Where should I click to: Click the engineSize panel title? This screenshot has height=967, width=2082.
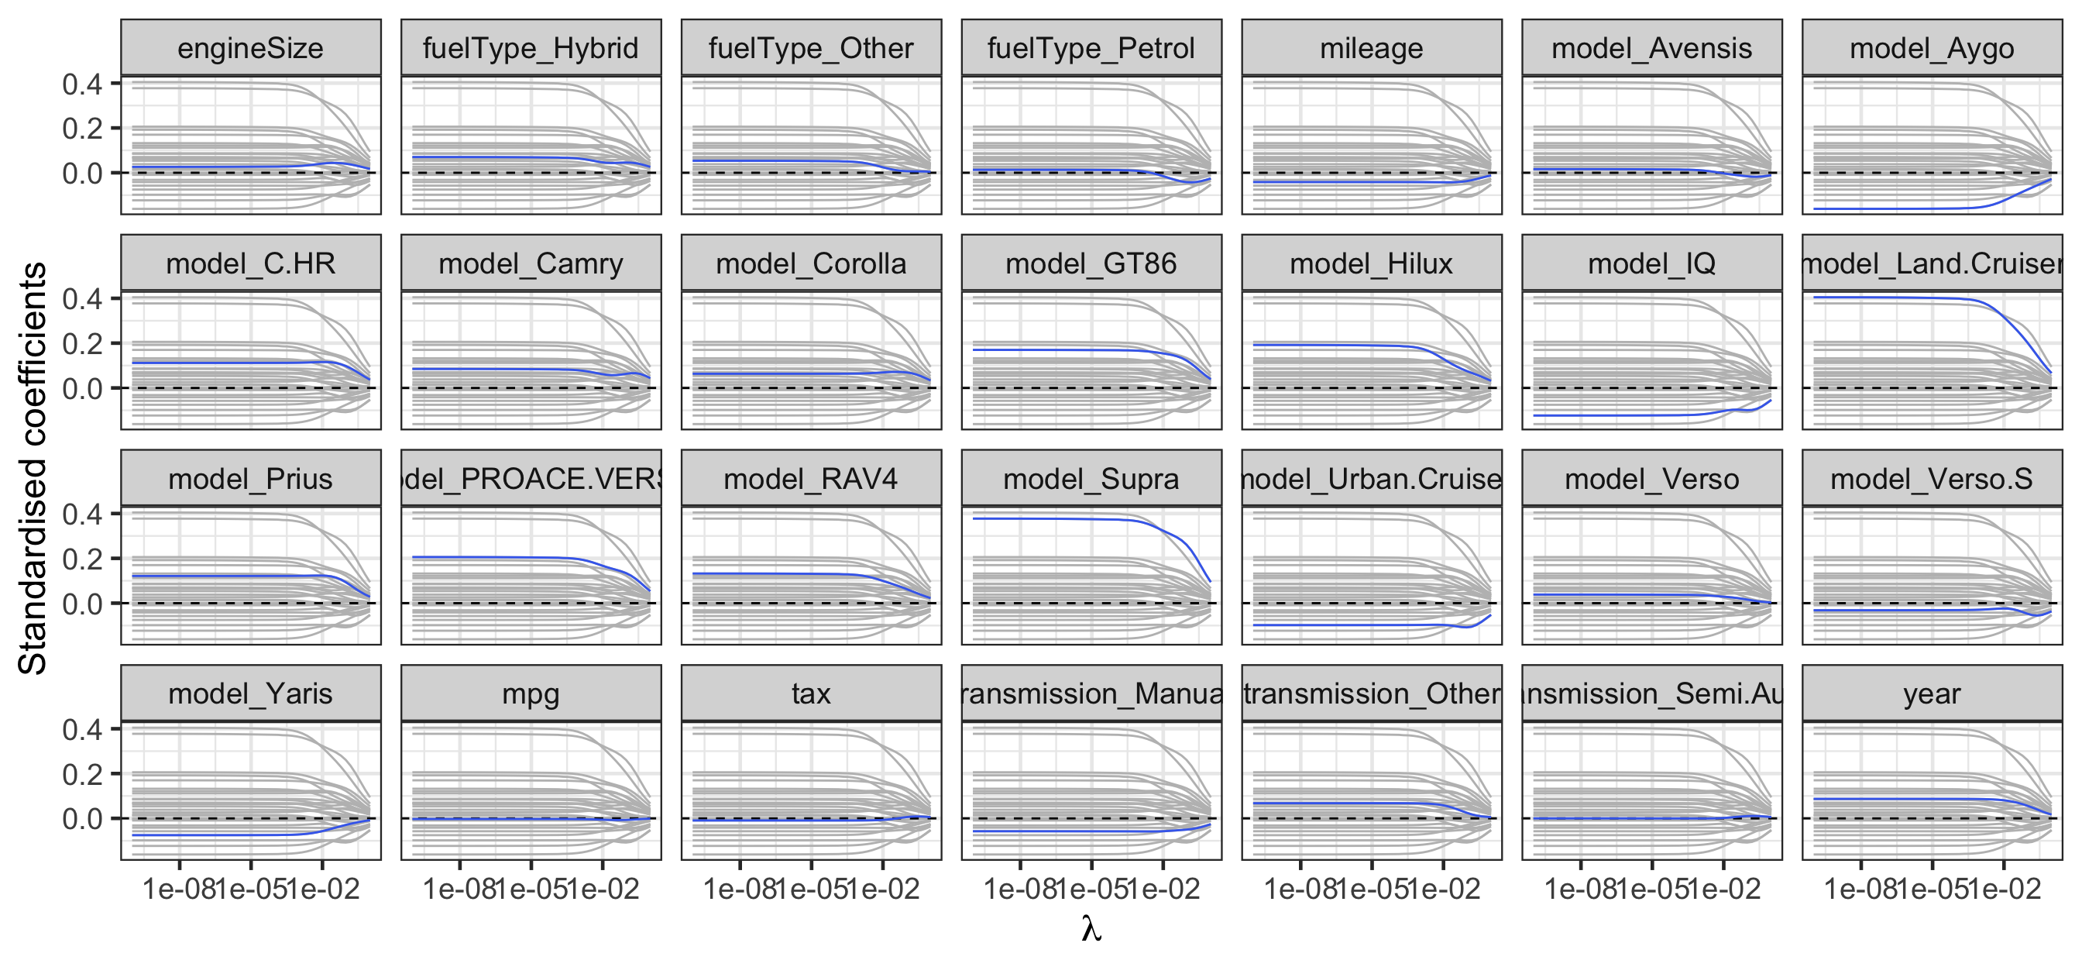(250, 49)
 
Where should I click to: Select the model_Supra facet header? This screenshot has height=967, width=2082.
(1091, 479)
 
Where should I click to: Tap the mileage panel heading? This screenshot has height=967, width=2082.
(1372, 49)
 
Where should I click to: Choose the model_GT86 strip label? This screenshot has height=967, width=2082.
(1091, 263)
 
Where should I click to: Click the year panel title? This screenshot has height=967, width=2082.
(1932, 693)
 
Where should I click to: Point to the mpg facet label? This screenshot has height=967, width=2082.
(531, 693)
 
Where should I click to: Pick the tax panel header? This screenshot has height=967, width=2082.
(811, 693)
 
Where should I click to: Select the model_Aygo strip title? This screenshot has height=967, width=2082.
(1932, 49)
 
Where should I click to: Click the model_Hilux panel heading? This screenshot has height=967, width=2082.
(1372, 263)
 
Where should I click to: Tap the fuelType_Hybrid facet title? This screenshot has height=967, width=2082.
(531, 49)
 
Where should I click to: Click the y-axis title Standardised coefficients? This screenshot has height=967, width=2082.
(33, 469)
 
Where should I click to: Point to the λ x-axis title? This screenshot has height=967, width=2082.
(1091, 929)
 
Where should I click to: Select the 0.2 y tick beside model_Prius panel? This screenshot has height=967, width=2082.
(82, 559)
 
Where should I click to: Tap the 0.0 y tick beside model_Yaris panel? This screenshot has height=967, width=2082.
(82, 819)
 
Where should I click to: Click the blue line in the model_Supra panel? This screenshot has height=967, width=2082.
(1051, 518)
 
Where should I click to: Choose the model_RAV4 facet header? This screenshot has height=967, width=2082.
(811, 479)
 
